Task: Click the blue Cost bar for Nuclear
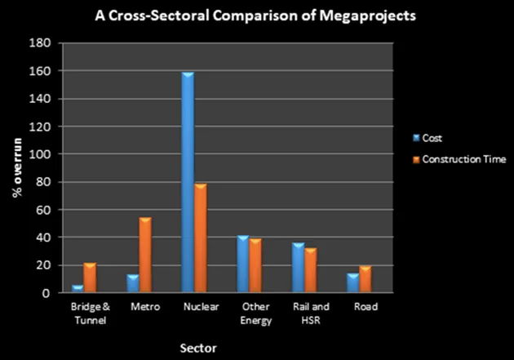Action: click(188, 182)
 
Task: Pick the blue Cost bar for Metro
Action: click(132, 283)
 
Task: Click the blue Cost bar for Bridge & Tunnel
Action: click(78, 288)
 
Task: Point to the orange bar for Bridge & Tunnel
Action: click(90, 278)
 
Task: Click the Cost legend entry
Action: click(432, 140)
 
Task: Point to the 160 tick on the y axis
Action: click(46, 71)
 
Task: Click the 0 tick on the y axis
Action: click(51, 293)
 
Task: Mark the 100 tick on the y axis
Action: click(46, 154)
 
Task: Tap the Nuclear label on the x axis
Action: click(194, 307)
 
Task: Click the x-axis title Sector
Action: click(199, 348)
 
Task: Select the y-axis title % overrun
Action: click(16, 168)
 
